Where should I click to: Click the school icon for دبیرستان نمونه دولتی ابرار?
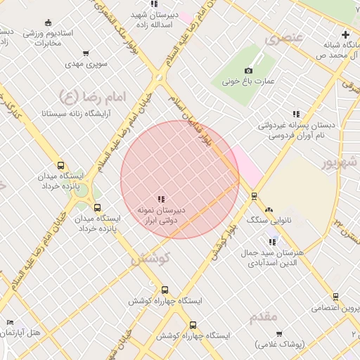click(x=161, y=199)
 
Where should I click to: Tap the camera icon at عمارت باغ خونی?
click(x=248, y=70)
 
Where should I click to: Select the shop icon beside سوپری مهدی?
click(x=86, y=53)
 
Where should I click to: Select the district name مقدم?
click(x=263, y=317)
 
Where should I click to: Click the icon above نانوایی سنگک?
click(x=268, y=209)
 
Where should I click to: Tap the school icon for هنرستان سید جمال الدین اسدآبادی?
click(x=272, y=242)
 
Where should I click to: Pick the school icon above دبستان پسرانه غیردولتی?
click(x=296, y=114)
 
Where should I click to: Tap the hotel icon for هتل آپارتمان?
click(x=10, y=322)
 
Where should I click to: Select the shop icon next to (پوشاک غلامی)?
click(x=279, y=333)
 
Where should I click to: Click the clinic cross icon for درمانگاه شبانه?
click(x=345, y=34)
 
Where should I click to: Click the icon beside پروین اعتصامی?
click(x=335, y=297)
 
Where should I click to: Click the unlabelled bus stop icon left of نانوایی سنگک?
click(x=254, y=195)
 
